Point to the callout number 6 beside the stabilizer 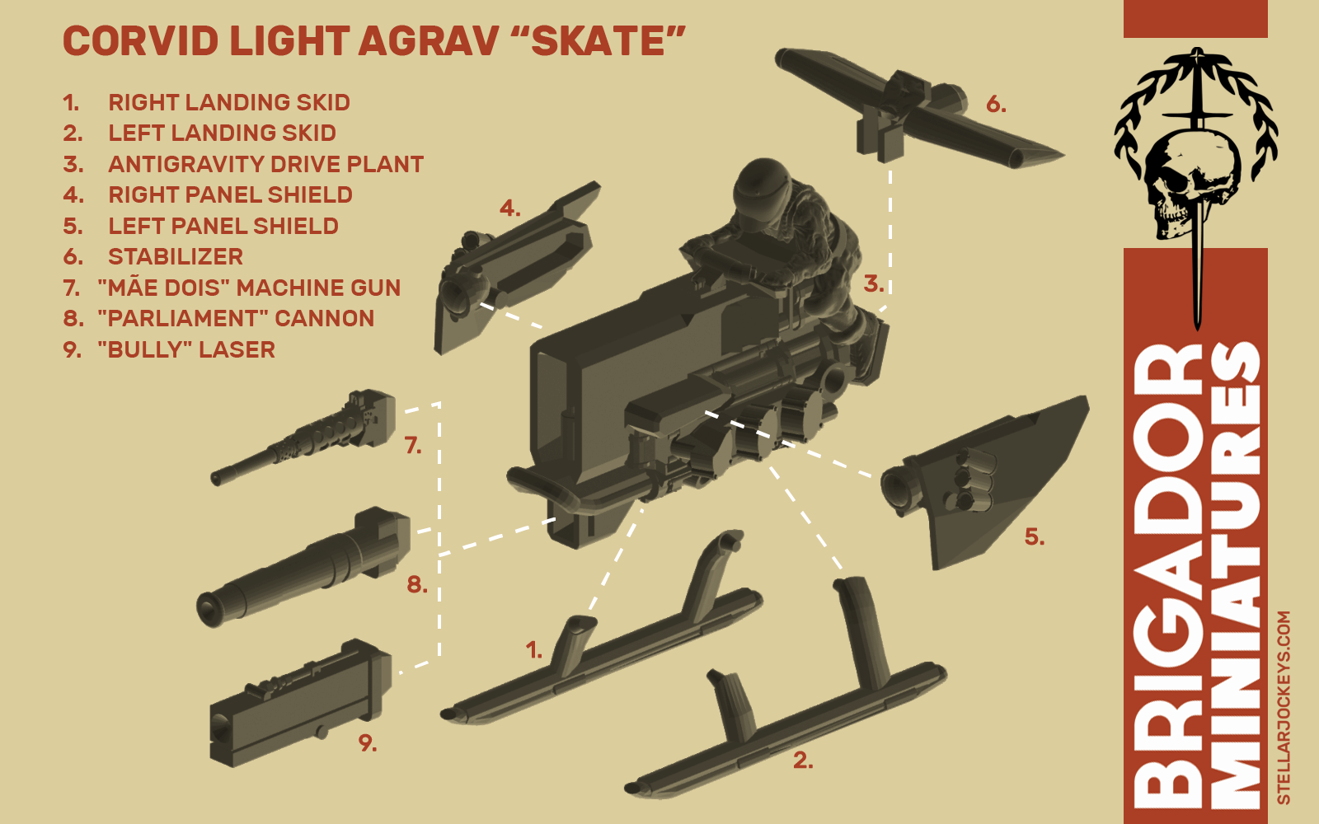(996, 105)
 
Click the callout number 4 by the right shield (510, 208)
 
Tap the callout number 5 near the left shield (1035, 536)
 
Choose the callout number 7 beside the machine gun (413, 446)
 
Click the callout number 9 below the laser (368, 743)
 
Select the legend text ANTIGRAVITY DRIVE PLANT (265, 164)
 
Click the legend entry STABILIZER (176, 256)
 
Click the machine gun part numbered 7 (304, 438)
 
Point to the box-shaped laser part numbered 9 (300, 704)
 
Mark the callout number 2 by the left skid (803, 761)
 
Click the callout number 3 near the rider (874, 283)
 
